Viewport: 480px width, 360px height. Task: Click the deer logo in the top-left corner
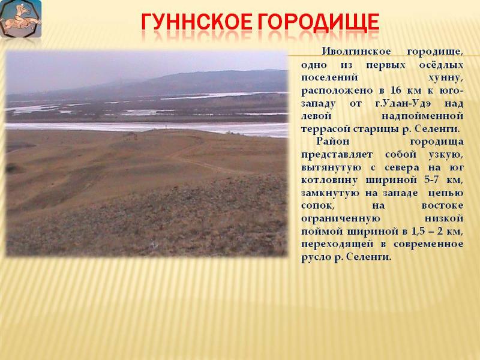click(x=20, y=19)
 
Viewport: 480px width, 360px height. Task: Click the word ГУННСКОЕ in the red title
click(x=196, y=22)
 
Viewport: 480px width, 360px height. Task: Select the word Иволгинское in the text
click(x=356, y=52)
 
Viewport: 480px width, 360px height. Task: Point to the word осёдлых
click(x=441, y=65)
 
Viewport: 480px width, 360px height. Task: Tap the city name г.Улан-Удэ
click(x=403, y=103)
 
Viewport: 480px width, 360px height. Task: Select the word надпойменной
click(x=422, y=116)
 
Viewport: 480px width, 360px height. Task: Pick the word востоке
click(x=442, y=206)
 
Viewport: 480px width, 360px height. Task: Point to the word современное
click(x=428, y=244)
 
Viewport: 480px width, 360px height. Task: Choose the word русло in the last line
click(x=316, y=257)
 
